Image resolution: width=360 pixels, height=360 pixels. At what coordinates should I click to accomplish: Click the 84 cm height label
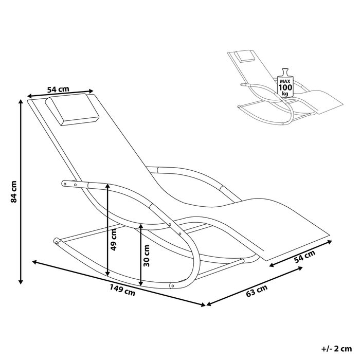[x=14, y=192]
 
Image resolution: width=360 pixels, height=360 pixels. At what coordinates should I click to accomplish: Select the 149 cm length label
[x=122, y=290]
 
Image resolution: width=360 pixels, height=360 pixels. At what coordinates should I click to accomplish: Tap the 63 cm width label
[x=257, y=291]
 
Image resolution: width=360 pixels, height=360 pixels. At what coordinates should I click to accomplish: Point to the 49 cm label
[x=114, y=240]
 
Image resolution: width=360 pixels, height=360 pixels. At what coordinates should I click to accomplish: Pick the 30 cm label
[x=146, y=256]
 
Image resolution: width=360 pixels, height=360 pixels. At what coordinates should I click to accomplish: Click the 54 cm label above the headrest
[x=58, y=89]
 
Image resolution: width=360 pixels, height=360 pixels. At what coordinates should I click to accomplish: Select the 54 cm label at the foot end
[x=304, y=257]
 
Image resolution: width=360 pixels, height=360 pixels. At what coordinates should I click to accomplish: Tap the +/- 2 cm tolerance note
[x=336, y=349]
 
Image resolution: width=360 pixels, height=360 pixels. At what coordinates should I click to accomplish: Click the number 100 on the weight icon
[x=285, y=87]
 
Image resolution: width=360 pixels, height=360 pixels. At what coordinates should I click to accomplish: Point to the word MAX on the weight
[x=285, y=81]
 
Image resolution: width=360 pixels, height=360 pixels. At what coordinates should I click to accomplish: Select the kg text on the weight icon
[x=285, y=94]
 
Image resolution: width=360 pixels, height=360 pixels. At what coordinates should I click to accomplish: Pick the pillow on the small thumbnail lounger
[x=245, y=56]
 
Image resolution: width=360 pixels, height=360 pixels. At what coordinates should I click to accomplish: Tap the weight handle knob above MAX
[x=285, y=70]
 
